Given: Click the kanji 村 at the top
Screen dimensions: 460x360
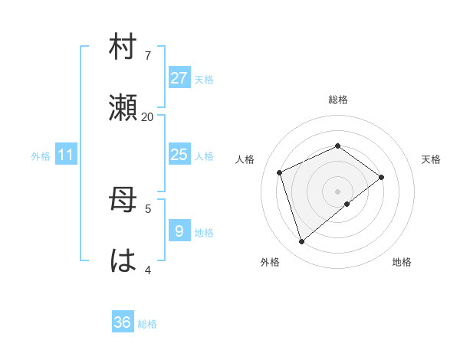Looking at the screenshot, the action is [123, 47].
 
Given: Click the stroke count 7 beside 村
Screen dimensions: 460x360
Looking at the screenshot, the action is [147, 56].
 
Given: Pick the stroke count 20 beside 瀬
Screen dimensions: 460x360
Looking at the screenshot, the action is [147, 116].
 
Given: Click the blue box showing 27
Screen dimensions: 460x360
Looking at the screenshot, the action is [179, 77].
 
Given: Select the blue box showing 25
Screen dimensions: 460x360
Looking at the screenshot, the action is [179, 155].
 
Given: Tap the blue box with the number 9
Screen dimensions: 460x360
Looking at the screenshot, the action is [179, 231].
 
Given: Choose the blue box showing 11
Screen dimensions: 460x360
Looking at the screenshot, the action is [66, 155].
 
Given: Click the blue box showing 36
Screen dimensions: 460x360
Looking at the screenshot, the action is [122, 322].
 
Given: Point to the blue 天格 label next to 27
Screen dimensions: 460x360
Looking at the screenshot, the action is [203, 80].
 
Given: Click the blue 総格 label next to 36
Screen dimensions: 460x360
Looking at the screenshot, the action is [147, 325].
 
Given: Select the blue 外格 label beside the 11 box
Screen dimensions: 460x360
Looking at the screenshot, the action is [41, 156].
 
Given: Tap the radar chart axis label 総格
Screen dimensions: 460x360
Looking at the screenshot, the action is [338, 100].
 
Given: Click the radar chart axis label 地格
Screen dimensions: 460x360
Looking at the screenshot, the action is [402, 262].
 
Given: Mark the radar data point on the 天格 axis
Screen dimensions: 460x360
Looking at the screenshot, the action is [382, 177].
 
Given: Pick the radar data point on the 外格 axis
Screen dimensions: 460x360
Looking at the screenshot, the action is [301, 242].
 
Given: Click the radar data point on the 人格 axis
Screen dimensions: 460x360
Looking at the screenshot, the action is [280, 172].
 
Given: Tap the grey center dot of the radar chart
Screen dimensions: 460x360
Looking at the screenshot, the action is [338, 191].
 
